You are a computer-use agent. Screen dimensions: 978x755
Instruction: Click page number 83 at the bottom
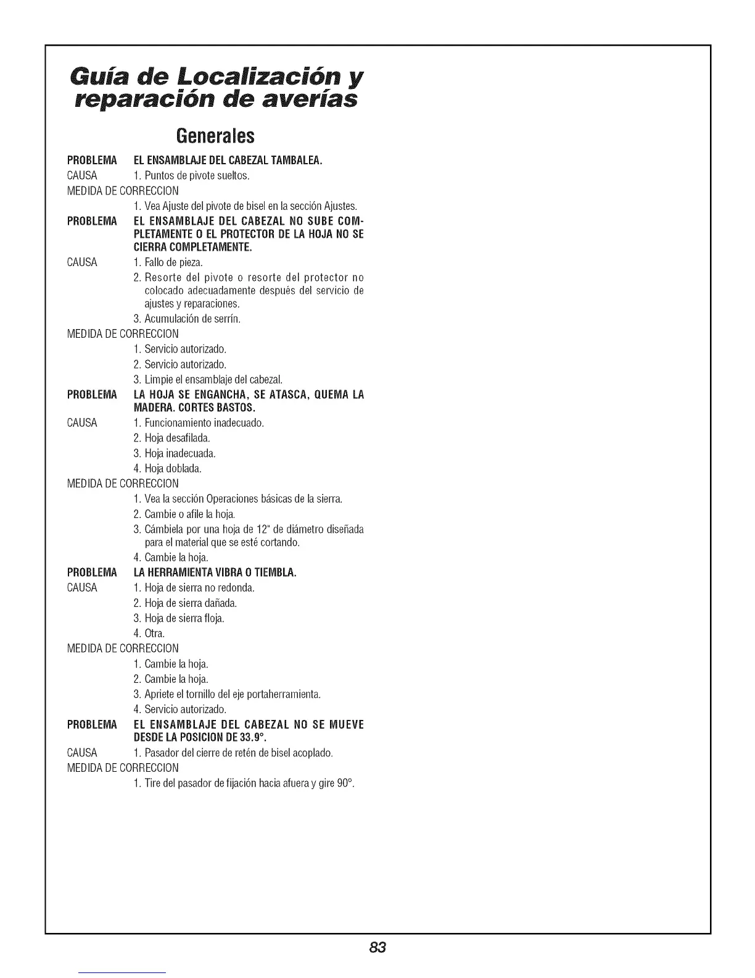(378, 947)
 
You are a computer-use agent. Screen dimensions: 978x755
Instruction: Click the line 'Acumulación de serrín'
(178, 319)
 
